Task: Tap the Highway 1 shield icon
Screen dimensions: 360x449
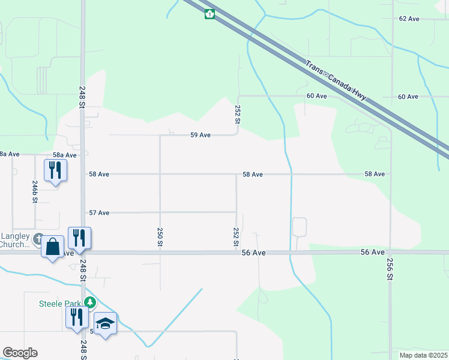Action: tap(209, 14)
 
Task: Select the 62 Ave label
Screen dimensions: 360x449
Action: tap(409, 19)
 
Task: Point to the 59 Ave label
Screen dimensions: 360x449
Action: tap(200, 135)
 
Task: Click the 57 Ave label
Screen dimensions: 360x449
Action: tap(99, 212)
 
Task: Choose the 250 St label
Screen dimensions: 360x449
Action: tap(160, 237)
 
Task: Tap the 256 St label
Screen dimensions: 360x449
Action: tap(390, 269)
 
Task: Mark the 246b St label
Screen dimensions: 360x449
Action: tap(35, 191)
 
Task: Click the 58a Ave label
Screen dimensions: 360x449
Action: tap(62, 155)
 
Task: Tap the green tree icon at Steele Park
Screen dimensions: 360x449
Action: tap(89, 302)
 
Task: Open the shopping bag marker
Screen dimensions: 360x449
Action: tap(53, 247)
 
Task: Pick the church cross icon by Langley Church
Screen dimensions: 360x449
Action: tap(38, 238)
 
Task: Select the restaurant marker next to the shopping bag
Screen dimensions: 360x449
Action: tap(79, 238)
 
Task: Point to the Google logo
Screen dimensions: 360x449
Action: tap(20, 353)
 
